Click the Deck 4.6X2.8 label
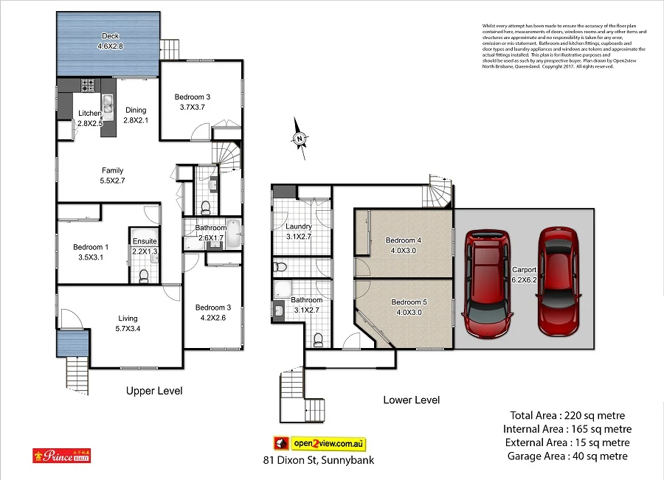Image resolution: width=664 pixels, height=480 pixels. point(111,41)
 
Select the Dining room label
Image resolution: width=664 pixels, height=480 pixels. point(136,115)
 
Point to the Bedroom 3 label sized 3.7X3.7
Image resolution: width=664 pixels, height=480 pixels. point(193,102)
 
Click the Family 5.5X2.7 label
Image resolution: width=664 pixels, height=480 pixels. point(112,175)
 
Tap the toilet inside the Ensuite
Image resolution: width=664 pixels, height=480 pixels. point(144,275)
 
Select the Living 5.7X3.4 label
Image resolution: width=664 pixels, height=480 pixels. point(128,324)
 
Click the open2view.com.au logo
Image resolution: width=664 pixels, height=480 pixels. point(320,443)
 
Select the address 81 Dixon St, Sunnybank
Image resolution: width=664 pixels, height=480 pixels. point(318,460)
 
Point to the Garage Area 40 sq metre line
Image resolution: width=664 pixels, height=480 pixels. point(567,456)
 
